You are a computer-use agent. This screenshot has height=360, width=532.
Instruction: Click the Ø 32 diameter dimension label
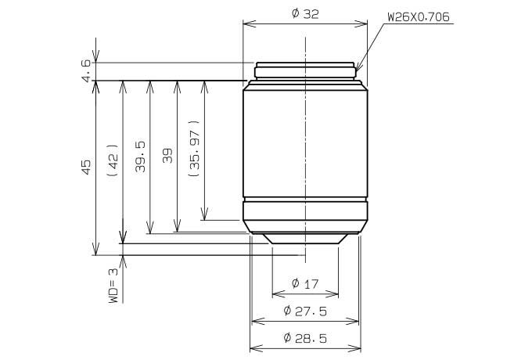[305, 13]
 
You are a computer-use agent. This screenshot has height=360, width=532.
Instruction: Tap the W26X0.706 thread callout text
[419, 17]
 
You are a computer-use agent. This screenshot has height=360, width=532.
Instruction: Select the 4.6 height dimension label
[87, 71]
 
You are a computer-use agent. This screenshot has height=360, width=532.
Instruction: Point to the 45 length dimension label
[87, 167]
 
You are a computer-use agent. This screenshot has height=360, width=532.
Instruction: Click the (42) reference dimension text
[113, 160]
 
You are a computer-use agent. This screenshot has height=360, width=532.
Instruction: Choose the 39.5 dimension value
[140, 157]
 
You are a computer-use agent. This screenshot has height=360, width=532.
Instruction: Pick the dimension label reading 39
[167, 156]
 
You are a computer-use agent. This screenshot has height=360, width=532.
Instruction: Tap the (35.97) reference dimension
[194, 148]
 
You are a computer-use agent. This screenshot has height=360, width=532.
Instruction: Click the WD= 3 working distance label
[113, 286]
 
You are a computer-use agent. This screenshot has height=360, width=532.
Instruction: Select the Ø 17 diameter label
[305, 283]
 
